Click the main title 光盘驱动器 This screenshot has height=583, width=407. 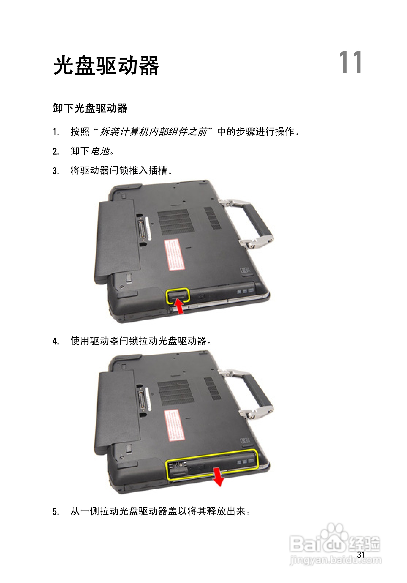(106, 66)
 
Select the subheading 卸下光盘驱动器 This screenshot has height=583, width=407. (90, 108)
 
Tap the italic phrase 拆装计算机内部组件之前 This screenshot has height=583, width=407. (154, 132)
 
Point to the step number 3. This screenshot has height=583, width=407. (56, 171)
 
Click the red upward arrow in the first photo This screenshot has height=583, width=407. (179, 306)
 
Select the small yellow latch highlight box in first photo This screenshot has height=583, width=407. (178, 296)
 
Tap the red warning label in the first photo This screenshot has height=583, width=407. (174, 254)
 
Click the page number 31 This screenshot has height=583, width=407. (360, 555)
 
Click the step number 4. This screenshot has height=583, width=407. (56, 341)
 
